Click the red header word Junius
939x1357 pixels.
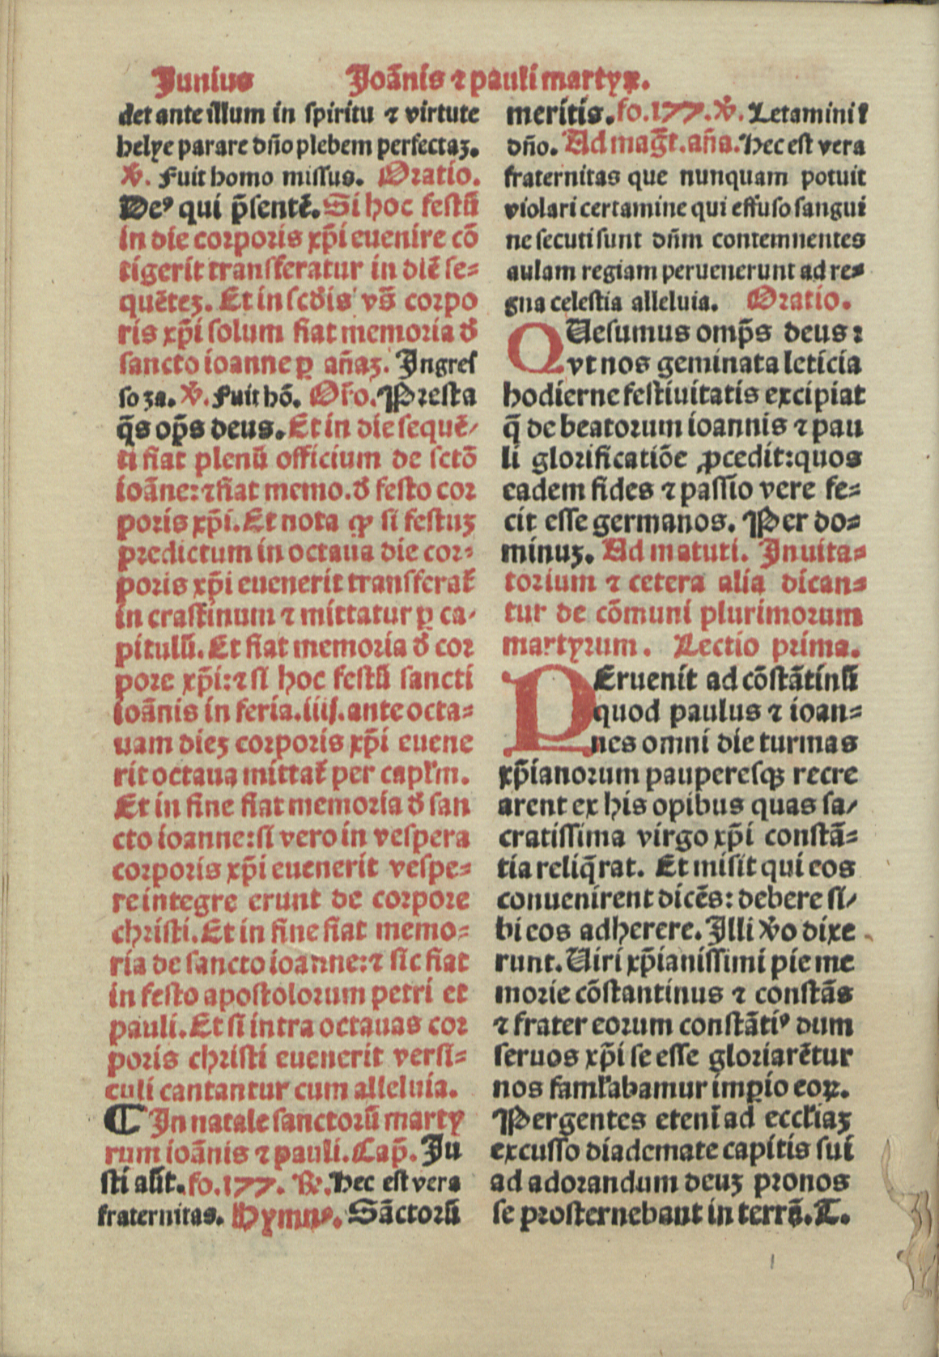[x=203, y=81]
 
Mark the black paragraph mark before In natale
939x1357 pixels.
[x=122, y=1120]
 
